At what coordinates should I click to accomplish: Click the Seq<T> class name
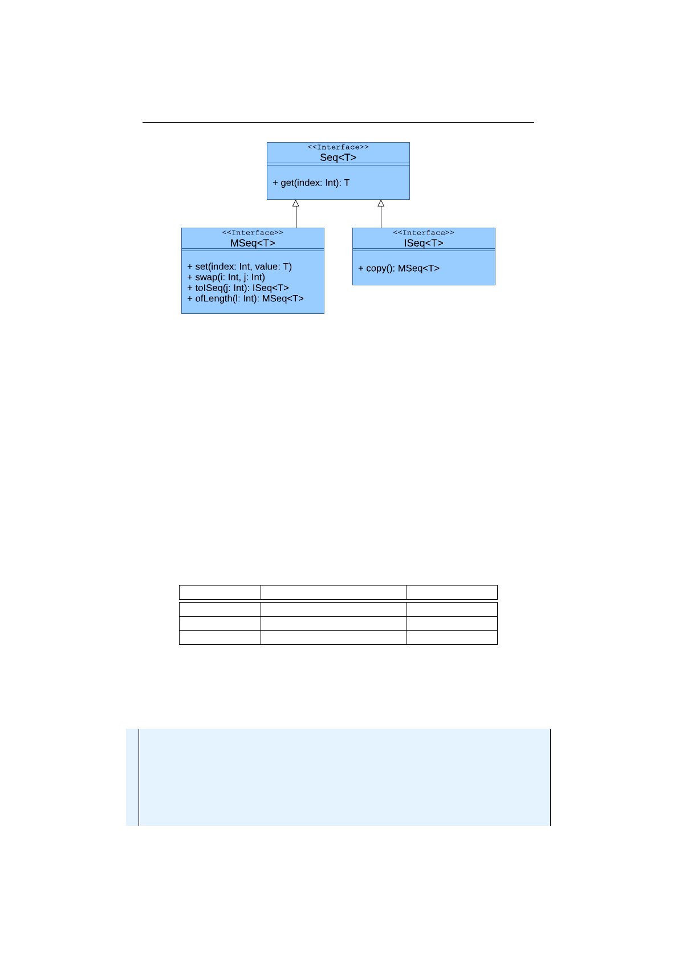tap(338, 158)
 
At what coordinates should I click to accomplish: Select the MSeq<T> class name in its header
tap(253, 243)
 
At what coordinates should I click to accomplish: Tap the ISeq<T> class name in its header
tap(424, 243)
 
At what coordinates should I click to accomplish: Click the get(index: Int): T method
tap(311, 183)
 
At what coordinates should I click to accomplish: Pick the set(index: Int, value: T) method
tap(239, 267)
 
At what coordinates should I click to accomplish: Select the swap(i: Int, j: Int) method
tap(226, 277)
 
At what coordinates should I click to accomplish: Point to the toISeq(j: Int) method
tap(238, 288)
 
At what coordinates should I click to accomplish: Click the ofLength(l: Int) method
tap(246, 298)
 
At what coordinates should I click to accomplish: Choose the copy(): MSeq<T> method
tap(399, 268)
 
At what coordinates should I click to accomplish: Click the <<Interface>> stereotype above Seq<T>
tap(338, 147)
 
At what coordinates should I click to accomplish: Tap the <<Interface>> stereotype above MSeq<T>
tap(253, 233)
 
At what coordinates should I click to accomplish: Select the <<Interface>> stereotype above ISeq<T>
tap(424, 233)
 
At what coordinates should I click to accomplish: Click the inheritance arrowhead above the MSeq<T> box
tap(296, 203)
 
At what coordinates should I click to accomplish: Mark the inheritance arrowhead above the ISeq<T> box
tap(381, 203)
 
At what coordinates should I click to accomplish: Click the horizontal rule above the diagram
tap(338, 122)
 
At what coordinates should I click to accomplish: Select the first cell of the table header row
tap(220, 592)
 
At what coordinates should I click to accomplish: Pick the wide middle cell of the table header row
tap(334, 592)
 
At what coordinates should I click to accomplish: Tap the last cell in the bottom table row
tap(452, 637)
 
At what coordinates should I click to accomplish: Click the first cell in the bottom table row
tap(220, 637)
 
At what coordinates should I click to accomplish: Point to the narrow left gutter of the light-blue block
tap(132, 777)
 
